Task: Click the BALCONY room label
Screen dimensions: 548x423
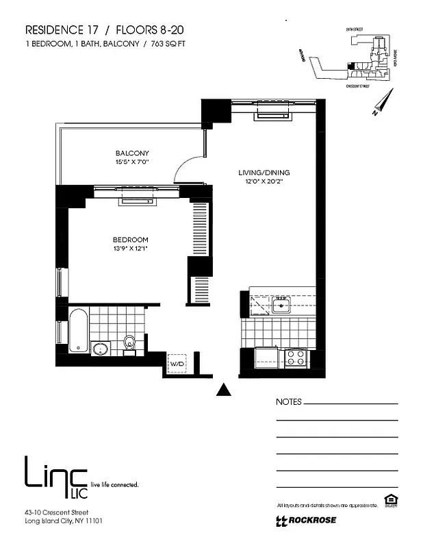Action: pyautogui.click(x=132, y=153)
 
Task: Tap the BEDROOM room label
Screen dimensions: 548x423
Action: pyautogui.click(x=130, y=239)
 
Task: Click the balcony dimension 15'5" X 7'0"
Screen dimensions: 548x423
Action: pyautogui.click(x=132, y=162)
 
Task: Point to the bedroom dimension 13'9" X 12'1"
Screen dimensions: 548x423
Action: pyautogui.click(x=130, y=249)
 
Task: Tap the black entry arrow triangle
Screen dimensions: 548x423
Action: pyautogui.click(x=222, y=390)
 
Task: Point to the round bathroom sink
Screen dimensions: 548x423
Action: pyautogui.click(x=101, y=349)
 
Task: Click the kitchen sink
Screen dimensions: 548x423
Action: pyautogui.click(x=281, y=304)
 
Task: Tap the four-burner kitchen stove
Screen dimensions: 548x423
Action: pyautogui.click(x=295, y=357)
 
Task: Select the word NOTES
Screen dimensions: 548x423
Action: pyautogui.click(x=287, y=402)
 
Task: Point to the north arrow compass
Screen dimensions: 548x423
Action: pyautogui.click(x=382, y=102)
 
